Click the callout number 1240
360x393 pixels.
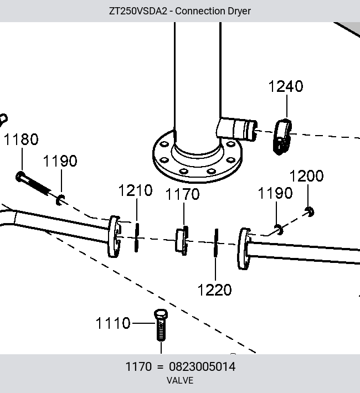[286, 86]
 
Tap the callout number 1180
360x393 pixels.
[22, 139]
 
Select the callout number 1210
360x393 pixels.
[136, 190]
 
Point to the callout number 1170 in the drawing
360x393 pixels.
[183, 194]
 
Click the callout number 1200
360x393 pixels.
[307, 176]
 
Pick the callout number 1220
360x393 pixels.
[214, 290]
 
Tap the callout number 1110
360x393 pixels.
[113, 323]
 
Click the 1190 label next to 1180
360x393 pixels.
[60, 161]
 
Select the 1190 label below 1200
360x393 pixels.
[275, 193]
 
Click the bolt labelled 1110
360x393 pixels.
[161, 325]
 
